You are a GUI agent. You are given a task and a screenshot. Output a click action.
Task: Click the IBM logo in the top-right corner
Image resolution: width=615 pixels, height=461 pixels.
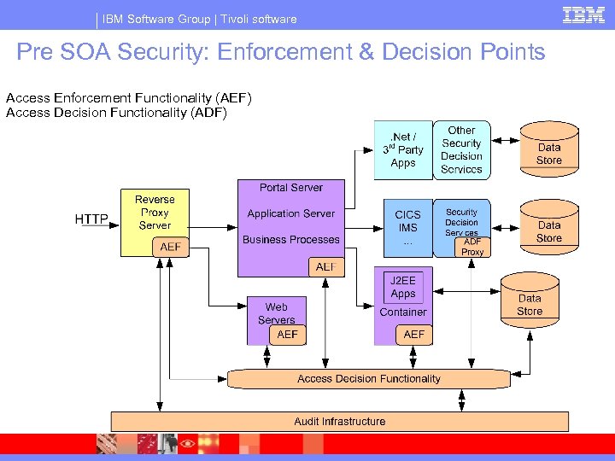click(583, 15)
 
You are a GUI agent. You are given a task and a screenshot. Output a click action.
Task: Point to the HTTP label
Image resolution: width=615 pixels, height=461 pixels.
click(91, 219)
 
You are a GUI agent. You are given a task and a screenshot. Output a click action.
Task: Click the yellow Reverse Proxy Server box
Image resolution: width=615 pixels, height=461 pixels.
click(155, 212)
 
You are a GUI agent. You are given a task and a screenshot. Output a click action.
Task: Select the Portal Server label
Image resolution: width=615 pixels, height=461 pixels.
click(291, 187)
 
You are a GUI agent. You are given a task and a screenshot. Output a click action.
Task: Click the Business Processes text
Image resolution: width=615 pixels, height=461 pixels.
click(291, 240)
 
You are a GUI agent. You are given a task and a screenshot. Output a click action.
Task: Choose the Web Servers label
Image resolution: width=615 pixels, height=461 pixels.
click(276, 313)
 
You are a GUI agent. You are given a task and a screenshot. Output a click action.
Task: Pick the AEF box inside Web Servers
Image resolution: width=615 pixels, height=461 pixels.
click(288, 335)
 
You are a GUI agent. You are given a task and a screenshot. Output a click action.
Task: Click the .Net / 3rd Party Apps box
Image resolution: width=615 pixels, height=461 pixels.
click(403, 150)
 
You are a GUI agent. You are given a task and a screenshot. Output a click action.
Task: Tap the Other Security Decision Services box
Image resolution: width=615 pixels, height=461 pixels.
click(462, 150)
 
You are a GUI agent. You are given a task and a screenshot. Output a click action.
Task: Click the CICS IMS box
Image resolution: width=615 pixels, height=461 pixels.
click(407, 228)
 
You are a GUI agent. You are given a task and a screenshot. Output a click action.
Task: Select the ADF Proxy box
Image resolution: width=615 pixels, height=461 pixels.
click(472, 247)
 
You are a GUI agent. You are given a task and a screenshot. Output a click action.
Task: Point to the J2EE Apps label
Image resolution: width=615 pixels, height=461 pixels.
click(403, 287)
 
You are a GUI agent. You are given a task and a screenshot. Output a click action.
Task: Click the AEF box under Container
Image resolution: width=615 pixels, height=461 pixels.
click(414, 335)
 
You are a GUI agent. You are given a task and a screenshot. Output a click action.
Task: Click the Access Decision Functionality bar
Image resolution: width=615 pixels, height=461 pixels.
click(369, 378)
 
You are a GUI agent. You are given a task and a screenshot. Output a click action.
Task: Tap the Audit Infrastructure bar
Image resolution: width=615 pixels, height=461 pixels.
click(339, 421)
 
